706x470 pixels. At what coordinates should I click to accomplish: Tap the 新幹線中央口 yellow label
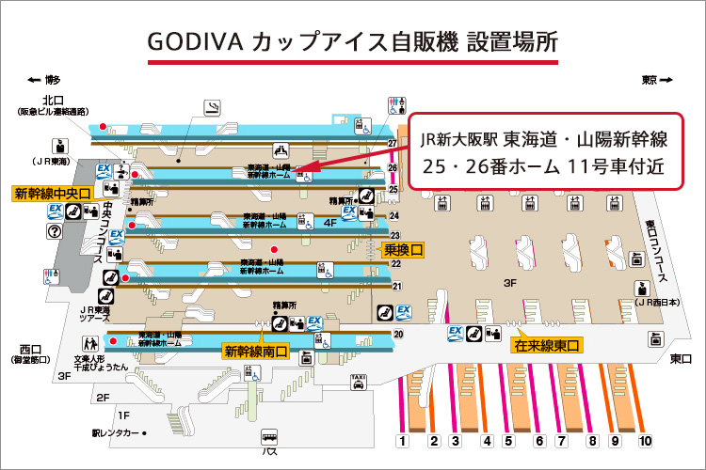[x=51, y=195]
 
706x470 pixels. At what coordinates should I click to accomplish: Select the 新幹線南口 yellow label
[x=255, y=352]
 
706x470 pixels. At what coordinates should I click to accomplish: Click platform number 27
[x=393, y=143]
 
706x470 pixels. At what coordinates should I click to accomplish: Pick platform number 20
[x=398, y=334]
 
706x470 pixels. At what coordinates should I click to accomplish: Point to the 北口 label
[x=53, y=101]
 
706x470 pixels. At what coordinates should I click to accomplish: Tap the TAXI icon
[x=358, y=381]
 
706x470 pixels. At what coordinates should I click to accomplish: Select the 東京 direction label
[x=650, y=80]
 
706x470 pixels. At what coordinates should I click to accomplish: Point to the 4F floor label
[x=329, y=224]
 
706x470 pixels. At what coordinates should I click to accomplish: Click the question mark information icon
[x=55, y=231]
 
